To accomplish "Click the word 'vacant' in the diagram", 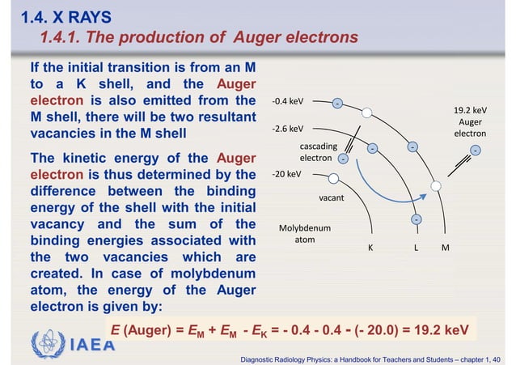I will (332, 197).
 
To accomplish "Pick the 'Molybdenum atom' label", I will (306, 234).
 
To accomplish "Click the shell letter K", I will (370, 248).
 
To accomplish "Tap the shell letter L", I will (416, 248).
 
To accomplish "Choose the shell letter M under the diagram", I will (445, 248).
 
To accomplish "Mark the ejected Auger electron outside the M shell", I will (475, 149).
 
